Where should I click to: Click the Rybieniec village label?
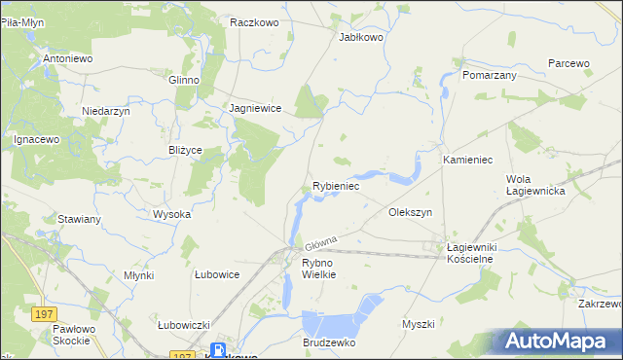pos(336,185)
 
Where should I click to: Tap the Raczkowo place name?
pos(255,20)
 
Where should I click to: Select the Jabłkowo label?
pos(361,37)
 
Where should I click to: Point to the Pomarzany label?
pos(490,74)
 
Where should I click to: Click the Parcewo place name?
pos(568,63)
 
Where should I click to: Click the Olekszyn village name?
pos(410,211)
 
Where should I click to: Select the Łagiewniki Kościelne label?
pos(470,254)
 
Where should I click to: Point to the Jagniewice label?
pos(255,109)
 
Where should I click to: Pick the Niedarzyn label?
pos(106,111)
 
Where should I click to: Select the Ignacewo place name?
pos(37,139)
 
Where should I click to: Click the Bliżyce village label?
pos(185,150)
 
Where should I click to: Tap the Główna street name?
pos(320,240)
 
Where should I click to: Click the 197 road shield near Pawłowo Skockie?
pos(42,314)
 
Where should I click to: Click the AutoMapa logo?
pos(560,342)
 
